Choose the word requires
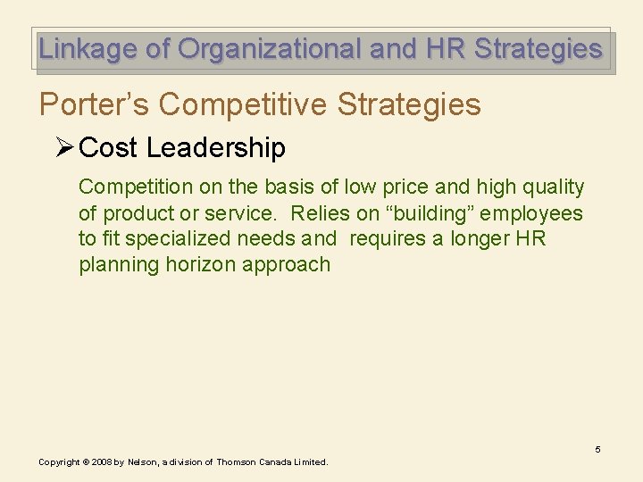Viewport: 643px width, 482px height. point(387,239)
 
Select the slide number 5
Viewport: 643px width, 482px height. point(597,449)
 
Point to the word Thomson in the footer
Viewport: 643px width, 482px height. point(235,462)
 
